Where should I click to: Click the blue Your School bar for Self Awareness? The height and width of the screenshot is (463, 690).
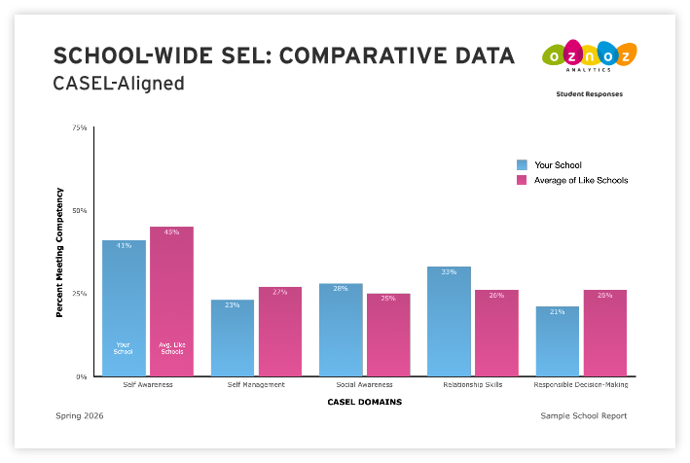pyautogui.click(x=124, y=307)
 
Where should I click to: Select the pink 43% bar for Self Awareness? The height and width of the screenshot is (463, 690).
pyautogui.click(x=171, y=301)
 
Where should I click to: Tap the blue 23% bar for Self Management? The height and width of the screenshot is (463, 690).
pyautogui.click(x=233, y=338)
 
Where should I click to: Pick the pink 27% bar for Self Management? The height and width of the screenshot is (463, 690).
pyautogui.click(x=280, y=331)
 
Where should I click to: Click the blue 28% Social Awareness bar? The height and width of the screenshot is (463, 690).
pyautogui.click(x=341, y=330)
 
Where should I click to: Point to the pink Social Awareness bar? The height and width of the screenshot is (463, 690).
pyautogui.click(x=388, y=335)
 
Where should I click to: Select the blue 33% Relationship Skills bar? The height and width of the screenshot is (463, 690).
pyautogui.click(x=449, y=321)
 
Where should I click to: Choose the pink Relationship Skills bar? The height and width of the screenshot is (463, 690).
pyautogui.click(x=496, y=333)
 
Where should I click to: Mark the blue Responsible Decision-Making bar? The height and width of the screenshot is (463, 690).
pyautogui.click(x=557, y=341)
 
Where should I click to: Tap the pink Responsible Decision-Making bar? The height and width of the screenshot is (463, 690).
pyautogui.click(x=604, y=333)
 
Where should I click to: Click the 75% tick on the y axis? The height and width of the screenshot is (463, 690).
pyautogui.click(x=79, y=127)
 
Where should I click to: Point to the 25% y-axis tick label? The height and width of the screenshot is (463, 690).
pyautogui.click(x=79, y=293)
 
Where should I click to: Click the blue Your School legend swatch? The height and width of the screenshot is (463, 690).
pyautogui.click(x=523, y=165)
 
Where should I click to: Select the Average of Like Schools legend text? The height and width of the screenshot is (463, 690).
pyautogui.click(x=581, y=180)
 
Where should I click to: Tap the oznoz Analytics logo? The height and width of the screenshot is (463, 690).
pyautogui.click(x=590, y=55)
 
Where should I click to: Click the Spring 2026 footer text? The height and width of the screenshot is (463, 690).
pyautogui.click(x=80, y=415)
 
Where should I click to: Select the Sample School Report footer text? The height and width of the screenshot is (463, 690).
pyautogui.click(x=583, y=415)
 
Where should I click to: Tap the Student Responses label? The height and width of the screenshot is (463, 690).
pyautogui.click(x=589, y=94)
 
